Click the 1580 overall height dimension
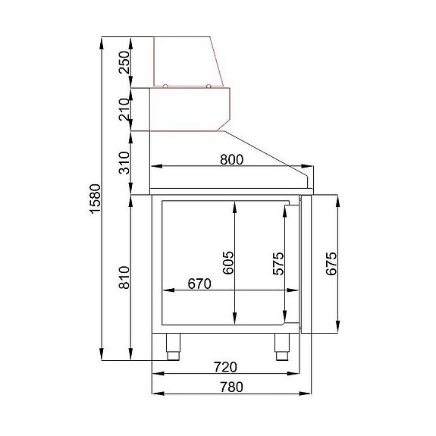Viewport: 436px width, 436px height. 93,199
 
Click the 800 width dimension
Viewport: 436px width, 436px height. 231,159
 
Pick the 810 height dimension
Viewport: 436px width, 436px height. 124,277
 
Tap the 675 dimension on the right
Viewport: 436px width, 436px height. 331,263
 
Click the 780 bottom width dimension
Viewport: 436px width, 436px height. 231,387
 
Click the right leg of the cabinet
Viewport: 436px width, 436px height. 282,347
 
